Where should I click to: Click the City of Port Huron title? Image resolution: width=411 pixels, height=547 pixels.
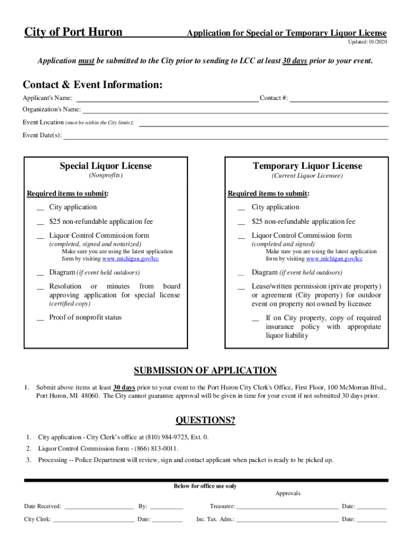(x=73, y=33)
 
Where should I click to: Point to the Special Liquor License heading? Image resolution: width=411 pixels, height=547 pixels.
(x=106, y=166)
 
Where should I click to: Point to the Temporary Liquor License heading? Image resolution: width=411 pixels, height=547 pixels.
(x=307, y=166)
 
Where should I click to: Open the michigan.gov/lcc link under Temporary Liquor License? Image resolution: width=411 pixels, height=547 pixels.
(x=334, y=259)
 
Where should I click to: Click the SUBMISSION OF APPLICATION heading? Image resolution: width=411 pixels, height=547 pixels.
(x=205, y=371)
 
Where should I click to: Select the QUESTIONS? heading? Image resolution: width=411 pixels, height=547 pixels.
(x=205, y=420)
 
